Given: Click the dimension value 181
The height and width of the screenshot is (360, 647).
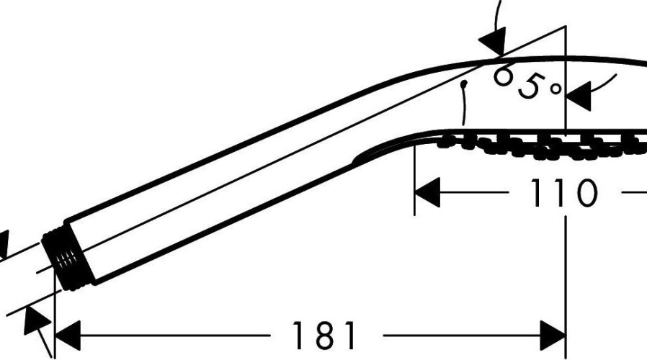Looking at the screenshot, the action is [x=323, y=336].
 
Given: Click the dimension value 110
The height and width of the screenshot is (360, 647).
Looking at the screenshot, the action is [x=563, y=192].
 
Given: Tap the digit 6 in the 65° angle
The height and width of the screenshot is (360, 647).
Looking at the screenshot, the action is [x=503, y=76].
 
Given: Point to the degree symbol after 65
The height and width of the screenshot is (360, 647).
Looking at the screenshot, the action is [x=555, y=88].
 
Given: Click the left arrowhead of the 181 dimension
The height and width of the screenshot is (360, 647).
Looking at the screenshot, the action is [x=67, y=336].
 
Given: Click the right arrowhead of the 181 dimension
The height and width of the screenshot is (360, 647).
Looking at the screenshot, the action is [x=553, y=336].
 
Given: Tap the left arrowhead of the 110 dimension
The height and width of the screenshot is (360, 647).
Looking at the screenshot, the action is [x=427, y=192].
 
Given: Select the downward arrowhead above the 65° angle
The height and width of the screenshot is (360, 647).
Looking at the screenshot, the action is [x=493, y=41].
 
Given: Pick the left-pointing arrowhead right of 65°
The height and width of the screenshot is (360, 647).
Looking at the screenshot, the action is [x=579, y=96].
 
